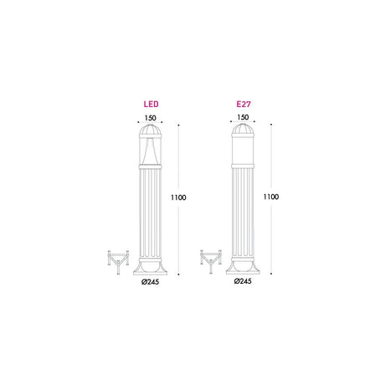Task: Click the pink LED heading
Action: [151, 104]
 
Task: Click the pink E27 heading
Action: [244, 104]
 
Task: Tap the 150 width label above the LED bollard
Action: [150, 118]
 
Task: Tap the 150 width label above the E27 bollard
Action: [243, 117]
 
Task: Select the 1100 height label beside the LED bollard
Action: [178, 198]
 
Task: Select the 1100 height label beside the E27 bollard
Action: [271, 197]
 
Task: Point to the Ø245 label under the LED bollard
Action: [150, 282]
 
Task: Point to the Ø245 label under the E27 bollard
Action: [243, 281]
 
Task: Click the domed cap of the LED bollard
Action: [151, 131]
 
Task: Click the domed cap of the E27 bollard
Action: [243, 130]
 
